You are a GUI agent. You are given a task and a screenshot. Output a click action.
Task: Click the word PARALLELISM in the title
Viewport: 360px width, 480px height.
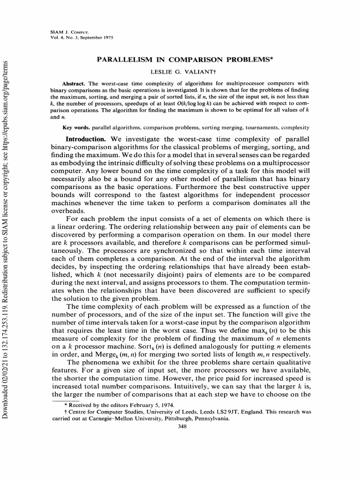click(120, 60)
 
